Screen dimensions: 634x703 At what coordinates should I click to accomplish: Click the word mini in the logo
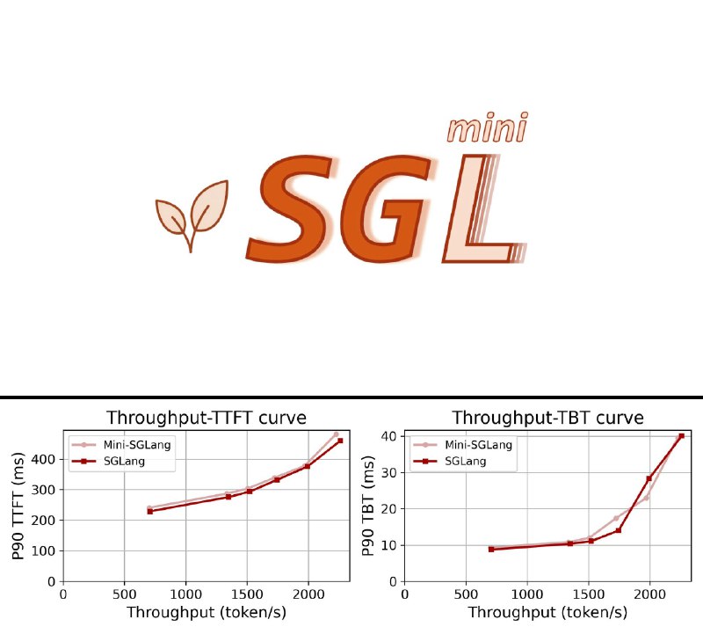487,128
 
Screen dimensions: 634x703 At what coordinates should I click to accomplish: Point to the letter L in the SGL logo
475,211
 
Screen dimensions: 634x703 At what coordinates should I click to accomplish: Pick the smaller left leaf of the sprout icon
170,215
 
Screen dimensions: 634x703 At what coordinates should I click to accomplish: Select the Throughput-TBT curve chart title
547,418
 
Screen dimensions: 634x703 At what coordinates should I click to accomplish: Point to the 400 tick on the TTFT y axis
45,459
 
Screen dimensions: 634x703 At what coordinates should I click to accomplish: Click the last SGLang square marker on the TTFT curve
341,440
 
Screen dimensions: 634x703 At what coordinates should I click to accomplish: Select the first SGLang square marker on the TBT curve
491,550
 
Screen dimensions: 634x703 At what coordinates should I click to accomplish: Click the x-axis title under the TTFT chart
206,614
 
